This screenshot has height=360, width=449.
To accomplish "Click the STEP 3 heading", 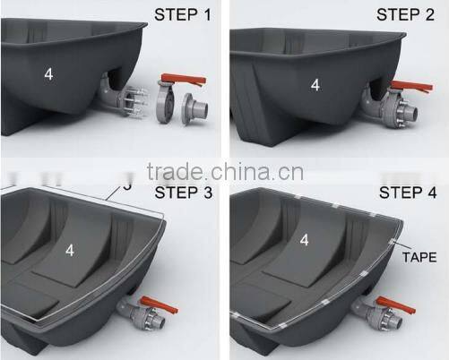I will [x=183, y=193].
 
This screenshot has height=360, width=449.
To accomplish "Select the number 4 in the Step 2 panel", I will [x=315, y=85].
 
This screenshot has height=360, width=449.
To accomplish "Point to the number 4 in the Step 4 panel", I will [x=306, y=240].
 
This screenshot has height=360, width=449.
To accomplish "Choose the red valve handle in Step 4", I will [x=394, y=302].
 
